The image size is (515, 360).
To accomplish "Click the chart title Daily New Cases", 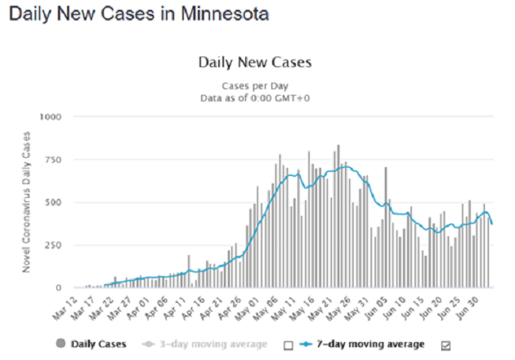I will click(x=255, y=62).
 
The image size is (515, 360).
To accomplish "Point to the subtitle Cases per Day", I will click(x=255, y=85).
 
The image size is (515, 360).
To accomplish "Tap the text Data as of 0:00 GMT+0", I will click(x=255, y=97).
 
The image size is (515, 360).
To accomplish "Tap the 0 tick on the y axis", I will click(x=59, y=288).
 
